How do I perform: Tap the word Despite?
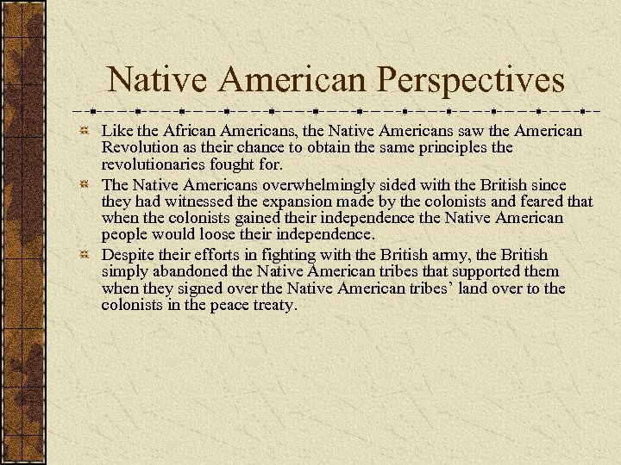[x=127, y=255]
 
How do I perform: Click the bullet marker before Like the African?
[x=85, y=132]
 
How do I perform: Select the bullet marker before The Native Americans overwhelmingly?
[x=85, y=186]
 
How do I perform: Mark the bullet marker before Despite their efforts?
[x=85, y=256]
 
